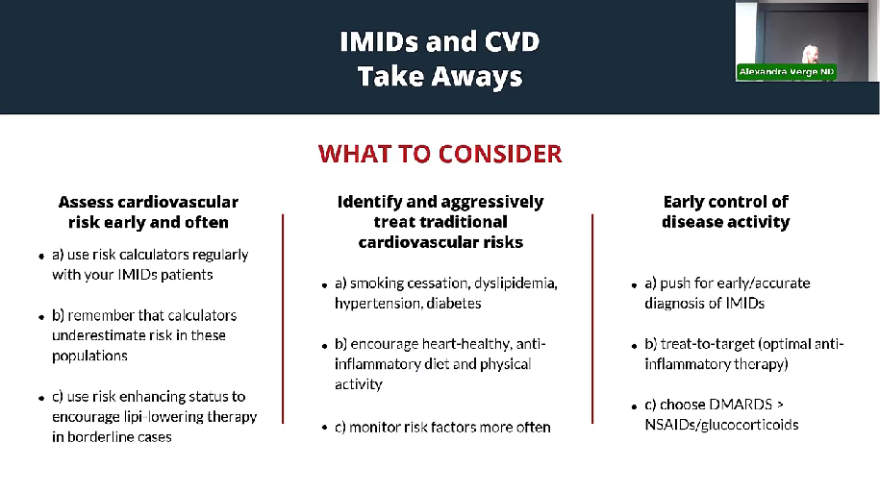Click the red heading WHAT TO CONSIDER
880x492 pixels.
[x=440, y=154]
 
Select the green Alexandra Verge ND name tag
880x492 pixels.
[x=787, y=72]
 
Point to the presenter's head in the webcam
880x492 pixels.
[x=809, y=53]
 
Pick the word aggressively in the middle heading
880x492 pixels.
[x=491, y=202]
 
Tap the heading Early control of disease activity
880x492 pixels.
[x=726, y=211]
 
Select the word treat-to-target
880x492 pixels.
[x=707, y=344]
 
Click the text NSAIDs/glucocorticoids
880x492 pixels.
[x=721, y=425]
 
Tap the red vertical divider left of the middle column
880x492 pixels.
[x=283, y=319]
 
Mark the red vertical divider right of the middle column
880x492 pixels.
[x=592, y=319]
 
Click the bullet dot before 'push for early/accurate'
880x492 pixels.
[x=634, y=285]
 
